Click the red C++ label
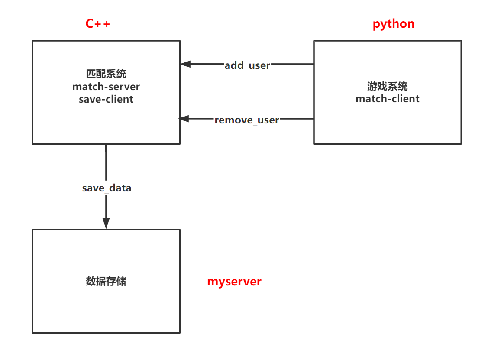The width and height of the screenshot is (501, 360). click(98, 23)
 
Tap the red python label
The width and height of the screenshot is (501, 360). click(393, 24)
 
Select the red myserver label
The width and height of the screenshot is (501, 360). click(234, 282)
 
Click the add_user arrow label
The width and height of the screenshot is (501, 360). click(247, 65)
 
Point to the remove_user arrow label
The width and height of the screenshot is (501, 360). click(247, 120)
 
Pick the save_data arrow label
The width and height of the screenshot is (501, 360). click(107, 188)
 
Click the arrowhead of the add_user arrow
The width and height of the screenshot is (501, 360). click(185, 64)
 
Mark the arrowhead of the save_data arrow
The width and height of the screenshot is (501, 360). click(106, 223)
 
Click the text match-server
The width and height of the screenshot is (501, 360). click(106, 87)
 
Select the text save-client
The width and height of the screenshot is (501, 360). click(106, 99)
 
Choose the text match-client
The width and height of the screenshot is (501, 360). click(388, 99)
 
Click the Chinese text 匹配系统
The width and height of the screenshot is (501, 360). click(106, 74)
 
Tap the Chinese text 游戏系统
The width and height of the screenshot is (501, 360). click(388, 86)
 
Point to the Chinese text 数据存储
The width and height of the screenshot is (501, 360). click(106, 282)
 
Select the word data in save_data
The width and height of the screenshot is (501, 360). click(120, 188)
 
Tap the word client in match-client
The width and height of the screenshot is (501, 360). click(404, 99)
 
